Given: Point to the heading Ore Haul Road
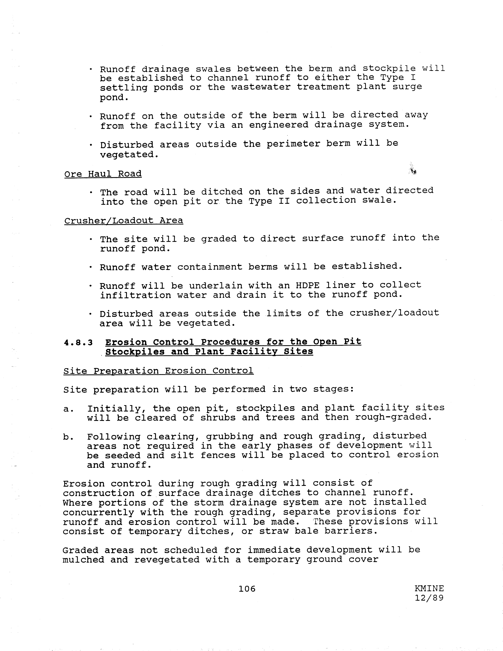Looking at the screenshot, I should [103, 174].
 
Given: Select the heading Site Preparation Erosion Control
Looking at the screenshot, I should [158, 371].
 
